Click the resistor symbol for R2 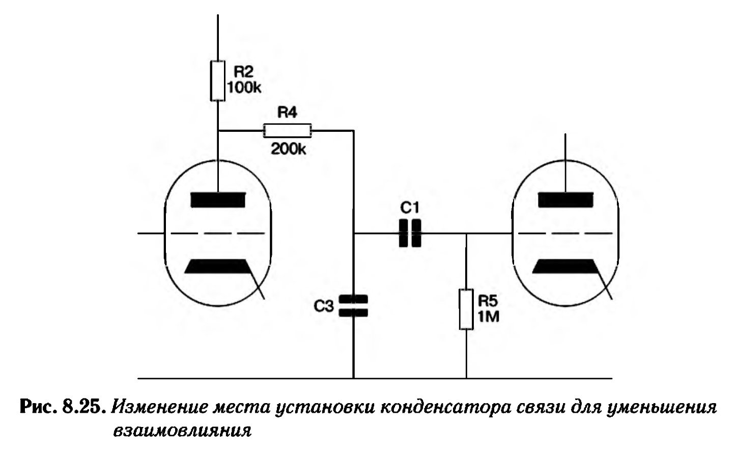tap(217, 81)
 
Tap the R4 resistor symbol tap(287, 131)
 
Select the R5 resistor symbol tap(466, 309)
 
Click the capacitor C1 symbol tap(410, 233)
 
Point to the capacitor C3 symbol tap(353, 306)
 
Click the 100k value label tap(244, 88)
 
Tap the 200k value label tap(289, 149)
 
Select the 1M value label tap(488, 317)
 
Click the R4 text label tap(287, 112)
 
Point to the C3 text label tap(324, 306)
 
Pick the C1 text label tap(410, 208)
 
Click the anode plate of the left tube tap(218, 200)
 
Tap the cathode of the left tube tap(217, 266)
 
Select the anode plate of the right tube tap(565, 200)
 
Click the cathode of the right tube tap(565, 266)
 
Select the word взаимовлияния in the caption tap(182, 431)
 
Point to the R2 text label tap(243, 72)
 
